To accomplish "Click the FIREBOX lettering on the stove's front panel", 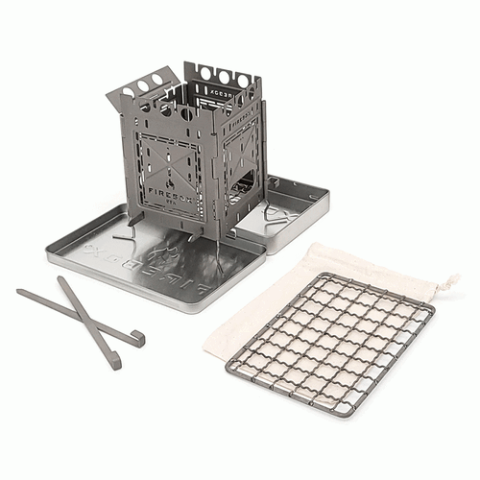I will point(168,192).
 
